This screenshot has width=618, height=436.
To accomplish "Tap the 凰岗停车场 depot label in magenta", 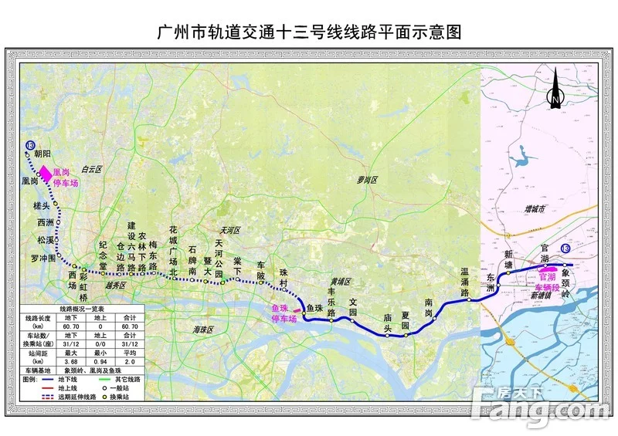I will [x=66, y=178].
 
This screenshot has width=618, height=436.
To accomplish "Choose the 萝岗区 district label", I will [x=368, y=179].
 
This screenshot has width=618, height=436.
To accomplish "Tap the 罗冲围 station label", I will [x=43, y=258].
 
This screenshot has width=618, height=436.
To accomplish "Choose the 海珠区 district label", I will [x=202, y=330].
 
